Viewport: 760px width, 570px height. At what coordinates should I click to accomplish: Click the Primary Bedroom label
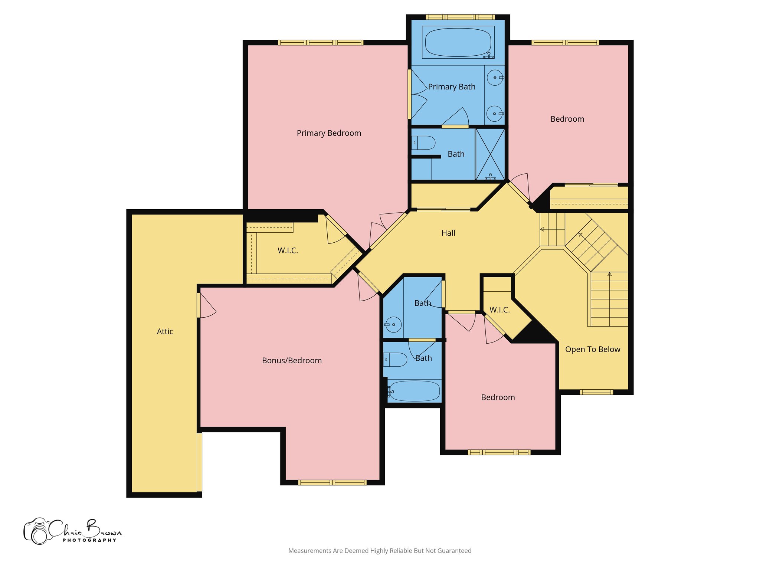pos(329,133)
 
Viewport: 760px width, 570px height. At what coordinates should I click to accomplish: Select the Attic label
pos(165,331)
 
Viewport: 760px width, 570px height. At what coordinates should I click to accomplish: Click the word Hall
pos(448,233)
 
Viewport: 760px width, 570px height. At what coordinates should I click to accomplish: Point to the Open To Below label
pos(593,349)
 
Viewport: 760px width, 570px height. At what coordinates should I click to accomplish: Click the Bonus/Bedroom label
pos(292,360)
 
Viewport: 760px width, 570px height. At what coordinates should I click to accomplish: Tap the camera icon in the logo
pos(37,531)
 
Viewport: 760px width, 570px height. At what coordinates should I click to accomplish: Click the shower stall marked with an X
pos(490,154)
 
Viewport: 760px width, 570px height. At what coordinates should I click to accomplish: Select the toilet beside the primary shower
pos(424,142)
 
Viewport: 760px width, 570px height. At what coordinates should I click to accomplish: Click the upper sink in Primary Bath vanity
pos(495,78)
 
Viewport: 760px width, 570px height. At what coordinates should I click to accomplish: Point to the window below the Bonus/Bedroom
pos(332,482)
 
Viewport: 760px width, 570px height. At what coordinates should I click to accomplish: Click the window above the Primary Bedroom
pos(321,43)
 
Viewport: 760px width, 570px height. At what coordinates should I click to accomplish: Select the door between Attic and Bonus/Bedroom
pos(199,305)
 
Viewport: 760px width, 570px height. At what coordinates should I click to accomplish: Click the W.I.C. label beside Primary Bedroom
pos(288,250)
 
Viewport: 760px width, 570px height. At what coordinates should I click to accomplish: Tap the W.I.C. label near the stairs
pos(499,310)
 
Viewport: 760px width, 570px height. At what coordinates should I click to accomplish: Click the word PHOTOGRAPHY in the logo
pos(89,540)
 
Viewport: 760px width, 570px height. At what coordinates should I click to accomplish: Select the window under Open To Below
pos(596,392)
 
